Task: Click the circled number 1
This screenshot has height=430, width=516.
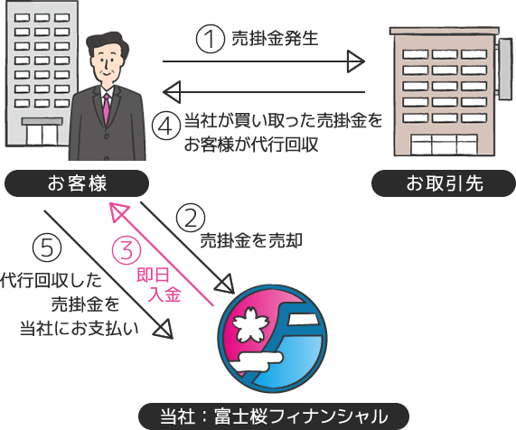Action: coord(211,39)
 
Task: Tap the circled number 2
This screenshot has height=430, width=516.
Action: coord(191,218)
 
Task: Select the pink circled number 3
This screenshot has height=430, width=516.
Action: coord(127,250)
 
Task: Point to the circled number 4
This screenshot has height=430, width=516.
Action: coord(166,126)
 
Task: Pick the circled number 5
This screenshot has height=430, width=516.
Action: coord(47,248)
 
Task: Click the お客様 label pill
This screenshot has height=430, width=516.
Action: coord(77,183)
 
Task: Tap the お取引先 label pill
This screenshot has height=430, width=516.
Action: coord(444,183)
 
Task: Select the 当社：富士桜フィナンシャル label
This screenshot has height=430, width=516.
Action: coord(274,416)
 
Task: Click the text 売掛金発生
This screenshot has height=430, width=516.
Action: coord(275,38)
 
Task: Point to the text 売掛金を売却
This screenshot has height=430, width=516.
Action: coord(252,240)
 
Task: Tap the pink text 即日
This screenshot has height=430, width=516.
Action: coord(153,275)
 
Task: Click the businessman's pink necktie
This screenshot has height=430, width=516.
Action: coord(107,107)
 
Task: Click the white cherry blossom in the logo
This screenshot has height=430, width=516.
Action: coord(249,324)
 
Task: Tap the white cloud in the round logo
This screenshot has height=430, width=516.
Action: coord(260,361)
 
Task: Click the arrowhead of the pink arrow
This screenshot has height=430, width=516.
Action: coord(118,212)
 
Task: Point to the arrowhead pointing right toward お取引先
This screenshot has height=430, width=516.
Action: coord(356,61)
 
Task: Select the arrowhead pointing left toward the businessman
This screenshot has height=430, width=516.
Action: coord(172,92)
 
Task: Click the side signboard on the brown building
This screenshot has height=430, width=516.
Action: coord(505,69)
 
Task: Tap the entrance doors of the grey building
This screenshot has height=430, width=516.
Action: coord(42,135)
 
